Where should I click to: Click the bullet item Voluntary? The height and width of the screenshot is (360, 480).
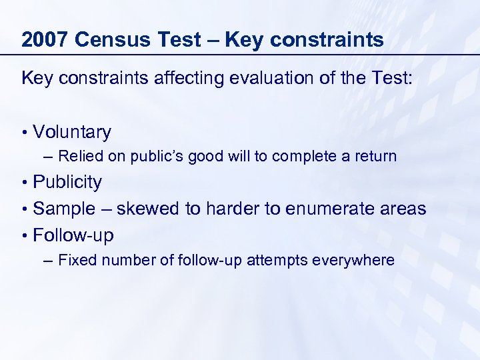click(72, 132)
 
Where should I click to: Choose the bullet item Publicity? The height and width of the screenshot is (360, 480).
click(67, 182)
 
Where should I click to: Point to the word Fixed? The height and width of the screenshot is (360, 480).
click(76, 260)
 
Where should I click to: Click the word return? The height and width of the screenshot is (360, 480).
click(375, 157)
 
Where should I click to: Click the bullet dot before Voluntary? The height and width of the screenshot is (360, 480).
click(25, 133)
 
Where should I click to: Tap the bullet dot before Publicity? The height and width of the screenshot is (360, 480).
click(25, 183)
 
